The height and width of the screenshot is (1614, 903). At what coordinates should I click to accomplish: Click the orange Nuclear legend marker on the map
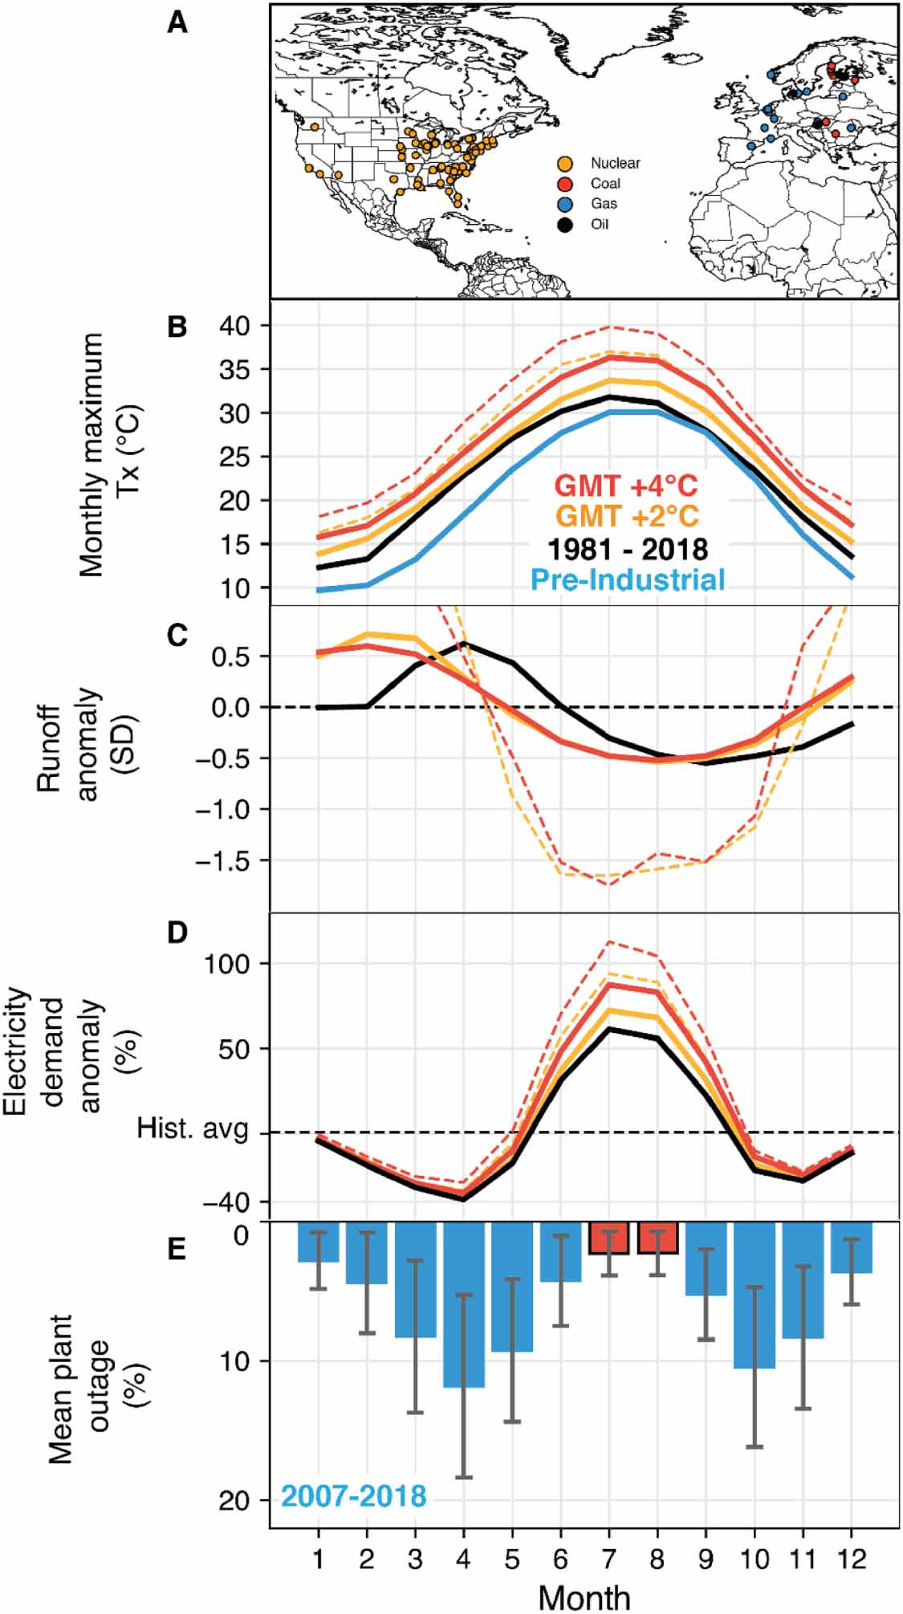click(x=565, y=163)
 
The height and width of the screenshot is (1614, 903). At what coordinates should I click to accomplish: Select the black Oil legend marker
click(x=565, y=224)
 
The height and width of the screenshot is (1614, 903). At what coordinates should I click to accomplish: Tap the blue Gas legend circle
click(x=565, y=204)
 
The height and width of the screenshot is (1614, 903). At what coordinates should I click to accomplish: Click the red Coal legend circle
click(x=565, y=184)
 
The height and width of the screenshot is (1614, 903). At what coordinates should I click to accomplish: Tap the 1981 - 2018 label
click(x=628, y=549)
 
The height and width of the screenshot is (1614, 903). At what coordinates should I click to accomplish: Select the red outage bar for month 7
click(x=609, y=1238)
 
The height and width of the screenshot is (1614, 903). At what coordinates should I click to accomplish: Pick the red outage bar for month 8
click(x=657, y=1238)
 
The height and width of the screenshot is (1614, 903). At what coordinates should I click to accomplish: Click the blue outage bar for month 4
click(x=464, y=1304)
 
